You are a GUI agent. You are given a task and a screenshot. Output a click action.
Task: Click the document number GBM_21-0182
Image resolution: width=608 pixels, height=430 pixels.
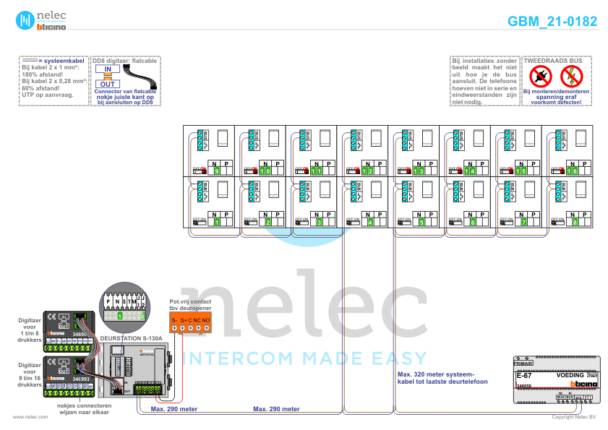pyautogui.click(x=552, y=22)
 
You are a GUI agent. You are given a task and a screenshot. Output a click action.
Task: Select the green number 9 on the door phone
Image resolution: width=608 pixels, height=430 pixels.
pyautogui.click(x=216, y=171)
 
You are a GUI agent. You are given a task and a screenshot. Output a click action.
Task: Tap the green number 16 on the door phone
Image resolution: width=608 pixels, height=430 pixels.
pyautogui.click(x=572, y=171)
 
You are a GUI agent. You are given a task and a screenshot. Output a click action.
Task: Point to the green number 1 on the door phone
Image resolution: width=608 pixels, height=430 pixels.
pyautogui.click(x=216, y=223)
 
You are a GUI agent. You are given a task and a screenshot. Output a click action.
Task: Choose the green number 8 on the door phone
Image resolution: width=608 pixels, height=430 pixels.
pyautogui.click(x=575, y=223)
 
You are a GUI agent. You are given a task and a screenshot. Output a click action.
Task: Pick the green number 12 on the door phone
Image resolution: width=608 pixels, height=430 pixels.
pyautogui.click(x=367, y=171)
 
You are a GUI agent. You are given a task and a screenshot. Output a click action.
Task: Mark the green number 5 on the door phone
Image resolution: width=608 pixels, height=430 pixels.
pyautogui.click(x=422, y=223)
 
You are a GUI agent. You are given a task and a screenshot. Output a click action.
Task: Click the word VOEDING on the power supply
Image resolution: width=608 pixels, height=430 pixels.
pyautogui.click(x=570, y=376)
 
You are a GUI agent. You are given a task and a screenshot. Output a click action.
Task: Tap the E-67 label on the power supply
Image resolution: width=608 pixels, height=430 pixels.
pyautogui.click(x=524, y=376)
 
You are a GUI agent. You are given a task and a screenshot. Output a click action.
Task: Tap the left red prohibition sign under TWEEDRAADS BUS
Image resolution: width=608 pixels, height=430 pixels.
pyautogui.click(x=539, y=76)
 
